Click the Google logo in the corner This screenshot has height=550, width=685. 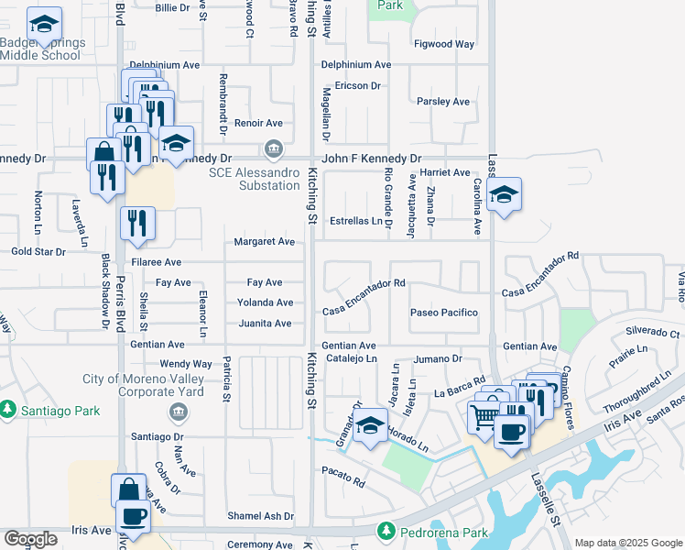coord(29,539)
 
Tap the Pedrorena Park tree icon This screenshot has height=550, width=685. coord(386,531)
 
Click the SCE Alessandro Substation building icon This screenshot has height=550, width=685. coord(272,148)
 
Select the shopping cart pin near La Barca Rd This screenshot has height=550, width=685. coord(484,417)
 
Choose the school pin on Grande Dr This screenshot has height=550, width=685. coord(370,426)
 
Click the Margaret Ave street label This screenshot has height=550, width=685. coord(264,242)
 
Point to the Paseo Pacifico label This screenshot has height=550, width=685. coord(444,313)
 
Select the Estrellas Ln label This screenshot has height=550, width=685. coord(356,221)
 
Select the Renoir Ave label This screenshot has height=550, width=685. coord(258,123)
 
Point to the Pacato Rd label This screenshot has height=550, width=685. coord(343,482)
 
